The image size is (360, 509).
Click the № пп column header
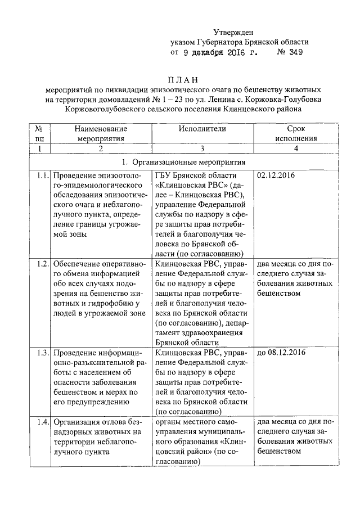coord(39,133)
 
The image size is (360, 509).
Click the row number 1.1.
coord(39,175)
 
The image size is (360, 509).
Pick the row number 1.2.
coord(39,263)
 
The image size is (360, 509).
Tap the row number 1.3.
coord(39,353)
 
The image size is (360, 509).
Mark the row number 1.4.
coord(39,422)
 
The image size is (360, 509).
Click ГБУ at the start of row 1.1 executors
coord(163,175)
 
